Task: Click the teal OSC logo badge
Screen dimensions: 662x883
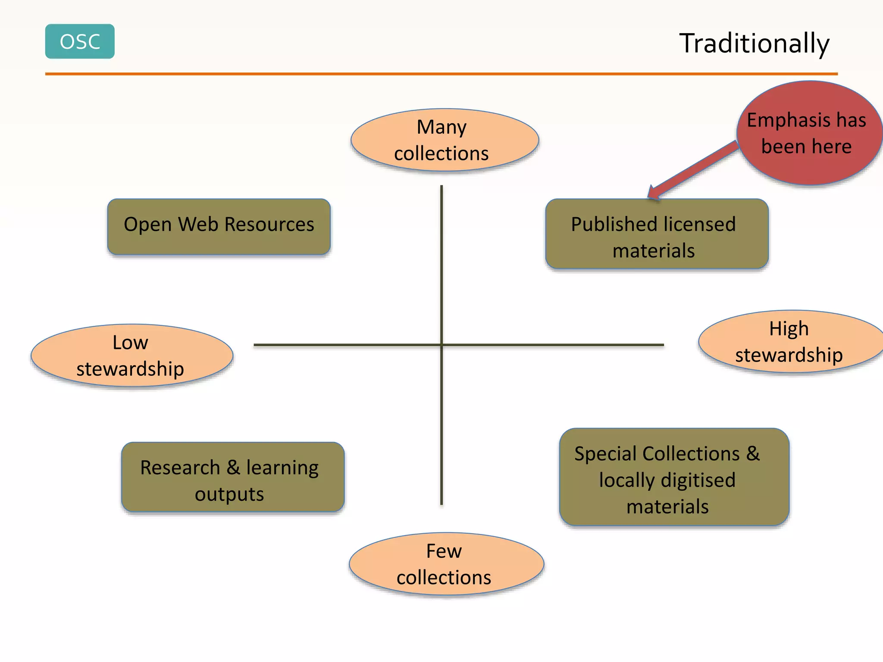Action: pos(80,41)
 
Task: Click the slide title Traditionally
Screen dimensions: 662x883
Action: pos(754,43)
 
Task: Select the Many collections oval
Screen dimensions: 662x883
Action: pos(445,140)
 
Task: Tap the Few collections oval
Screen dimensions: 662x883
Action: pos(446,564)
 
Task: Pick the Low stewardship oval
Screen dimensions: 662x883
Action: pos(132,356)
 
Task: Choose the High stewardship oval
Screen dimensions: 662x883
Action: pos(790,341)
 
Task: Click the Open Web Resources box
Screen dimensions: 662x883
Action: pos(219,227)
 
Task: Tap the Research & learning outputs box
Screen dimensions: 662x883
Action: pos(232,477)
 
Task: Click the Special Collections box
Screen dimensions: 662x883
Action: pos(674,477)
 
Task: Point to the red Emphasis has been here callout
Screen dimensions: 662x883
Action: pos(809,133)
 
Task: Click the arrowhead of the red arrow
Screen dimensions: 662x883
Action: pos(654,193)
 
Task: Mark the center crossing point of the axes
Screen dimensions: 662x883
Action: pos(441,345)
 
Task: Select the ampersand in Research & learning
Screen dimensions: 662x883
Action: pos(233,467)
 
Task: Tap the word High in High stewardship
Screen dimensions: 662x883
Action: pos(789,329)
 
